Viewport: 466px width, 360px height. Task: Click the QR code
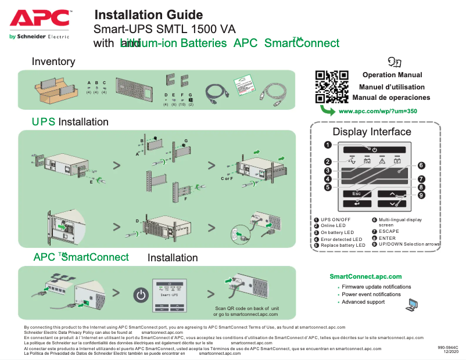pos(331,87)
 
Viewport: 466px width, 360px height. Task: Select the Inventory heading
pos(53,62)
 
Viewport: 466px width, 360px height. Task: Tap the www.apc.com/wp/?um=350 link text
pos(377,110)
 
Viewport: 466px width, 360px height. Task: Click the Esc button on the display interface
pos(356,193)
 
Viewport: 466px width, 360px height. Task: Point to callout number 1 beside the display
pos(328,145)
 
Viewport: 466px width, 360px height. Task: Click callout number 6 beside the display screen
pos(421,165)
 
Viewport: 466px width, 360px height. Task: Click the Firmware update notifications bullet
pos(376,287)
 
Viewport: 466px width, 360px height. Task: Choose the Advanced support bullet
pos(363,302)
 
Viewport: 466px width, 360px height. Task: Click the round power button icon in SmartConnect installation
pos(141,295)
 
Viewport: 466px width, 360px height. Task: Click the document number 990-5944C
pos(449,347)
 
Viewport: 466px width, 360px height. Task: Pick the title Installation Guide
pos(149,15)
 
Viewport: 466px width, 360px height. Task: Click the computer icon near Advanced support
pos(412,304)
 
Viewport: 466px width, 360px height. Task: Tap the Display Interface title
pos(371,132)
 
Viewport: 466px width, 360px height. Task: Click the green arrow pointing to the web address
pos(328,110)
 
